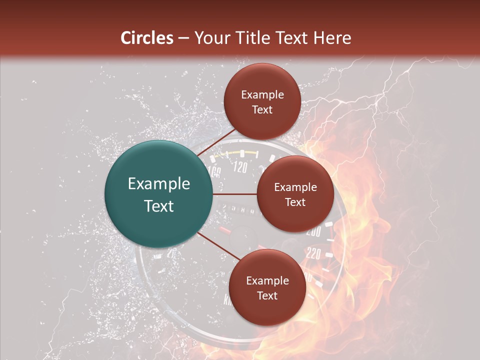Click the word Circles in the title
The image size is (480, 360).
[x=147, y=38]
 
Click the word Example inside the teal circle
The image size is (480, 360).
[x=159, y=184]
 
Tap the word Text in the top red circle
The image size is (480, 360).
[x=262, y=109]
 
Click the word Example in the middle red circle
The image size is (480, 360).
[x=295, y=187]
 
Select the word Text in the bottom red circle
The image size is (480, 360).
[x=267, y=295]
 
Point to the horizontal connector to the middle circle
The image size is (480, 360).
[x=235, y=194]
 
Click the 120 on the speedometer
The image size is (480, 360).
[x=240, y=167]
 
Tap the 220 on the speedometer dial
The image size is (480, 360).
[x=313, y=254]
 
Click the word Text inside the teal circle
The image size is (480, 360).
[x=159, y=206]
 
